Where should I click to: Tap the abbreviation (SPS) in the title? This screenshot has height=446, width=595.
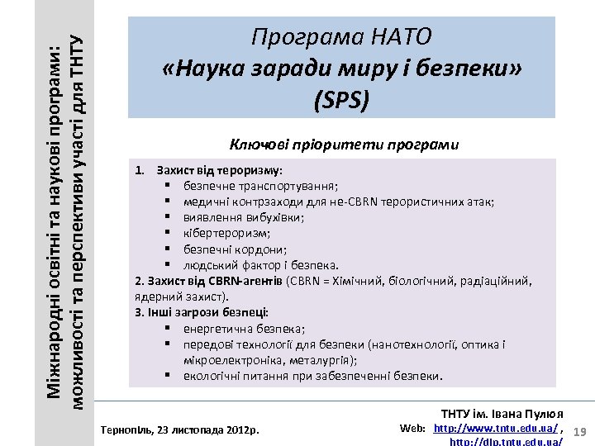tap(342, 100)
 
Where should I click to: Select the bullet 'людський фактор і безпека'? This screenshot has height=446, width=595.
tap(260, 264)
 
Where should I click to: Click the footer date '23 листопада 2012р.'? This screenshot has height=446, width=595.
tap(207, 430)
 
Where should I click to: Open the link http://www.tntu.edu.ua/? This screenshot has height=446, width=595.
tap(496, 428)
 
